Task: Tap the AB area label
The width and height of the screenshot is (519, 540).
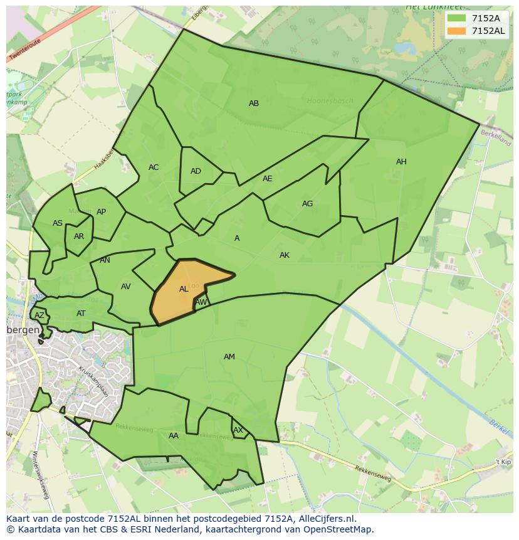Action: coord(254,103)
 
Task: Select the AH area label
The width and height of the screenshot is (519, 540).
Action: coord(401,162)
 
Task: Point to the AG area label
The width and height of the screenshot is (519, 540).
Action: coord(307,204)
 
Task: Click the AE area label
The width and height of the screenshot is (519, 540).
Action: coord(268,179)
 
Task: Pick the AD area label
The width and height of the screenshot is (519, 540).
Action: coord(196,171)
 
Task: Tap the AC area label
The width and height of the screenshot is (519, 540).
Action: coord(154,167)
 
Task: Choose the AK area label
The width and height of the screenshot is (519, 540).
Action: coord(285,255)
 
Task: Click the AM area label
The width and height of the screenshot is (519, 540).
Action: coord(229,357)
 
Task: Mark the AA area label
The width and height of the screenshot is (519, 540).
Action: coord(174,436)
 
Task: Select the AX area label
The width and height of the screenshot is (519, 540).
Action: coord(238,430)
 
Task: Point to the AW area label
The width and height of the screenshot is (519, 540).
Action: coord(201,302)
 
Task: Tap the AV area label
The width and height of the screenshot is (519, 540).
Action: coord(126,287)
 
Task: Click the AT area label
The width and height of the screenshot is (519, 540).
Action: coord(81,314)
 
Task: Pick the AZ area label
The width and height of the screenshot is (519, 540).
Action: coord(39,315)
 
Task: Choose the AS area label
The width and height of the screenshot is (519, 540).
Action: coord(58,223)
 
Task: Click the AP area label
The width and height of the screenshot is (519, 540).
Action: coord(101,212)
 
